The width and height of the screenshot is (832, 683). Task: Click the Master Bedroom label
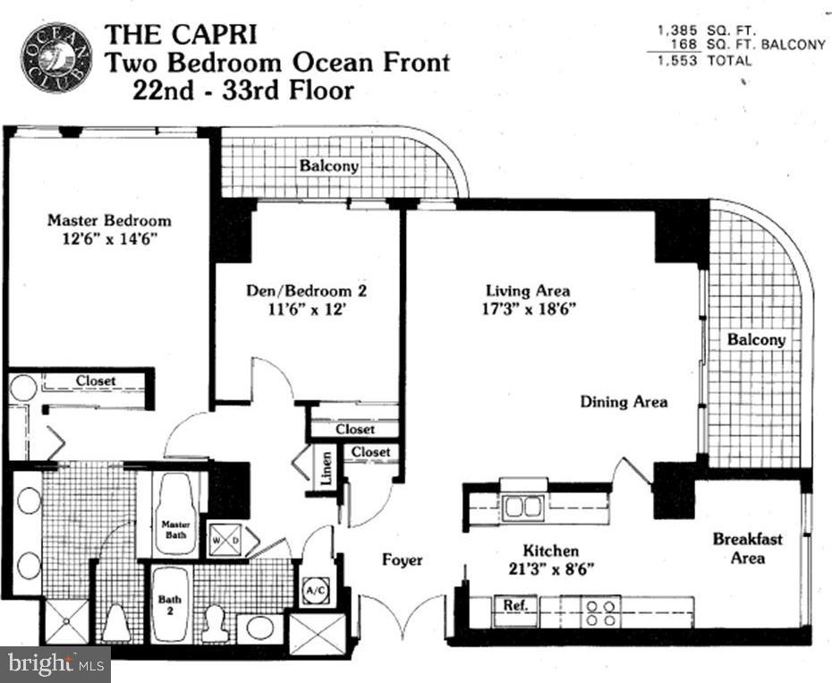109,220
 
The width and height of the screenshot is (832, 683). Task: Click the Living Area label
528,291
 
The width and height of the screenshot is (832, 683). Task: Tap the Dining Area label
624,402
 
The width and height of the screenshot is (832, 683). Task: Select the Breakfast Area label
747,548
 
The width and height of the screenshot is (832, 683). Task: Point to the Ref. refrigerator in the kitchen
516,605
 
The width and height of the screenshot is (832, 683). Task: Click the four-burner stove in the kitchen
601,612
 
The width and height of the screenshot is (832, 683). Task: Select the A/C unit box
315,590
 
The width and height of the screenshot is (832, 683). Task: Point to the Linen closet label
327,469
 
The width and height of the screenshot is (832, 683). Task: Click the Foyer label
402,560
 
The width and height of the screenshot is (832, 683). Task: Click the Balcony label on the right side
756,340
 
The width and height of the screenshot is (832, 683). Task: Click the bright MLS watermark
54,664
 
